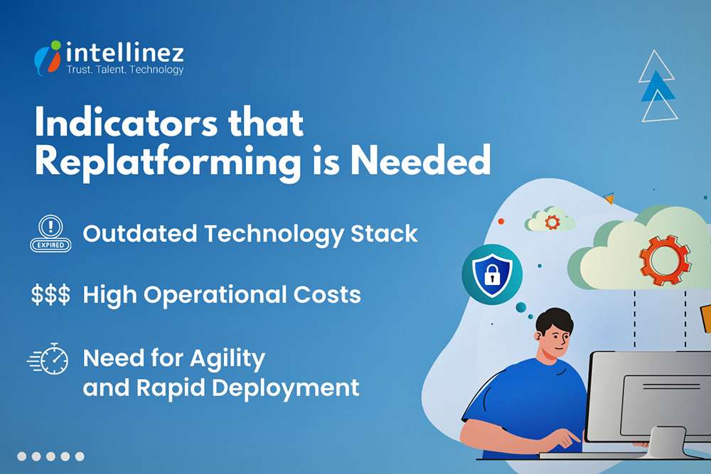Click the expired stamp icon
[50, 234]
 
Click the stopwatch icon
[50, 359]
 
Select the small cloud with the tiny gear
[550, 221]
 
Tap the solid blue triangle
[657, 87]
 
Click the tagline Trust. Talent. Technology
[125, 70]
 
